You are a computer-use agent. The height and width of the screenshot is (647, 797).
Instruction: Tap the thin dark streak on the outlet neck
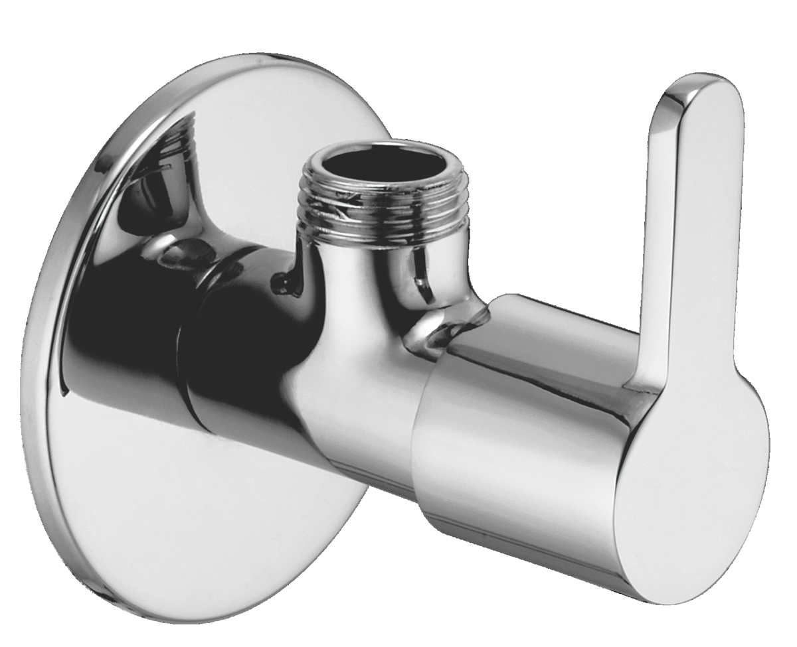[x=420, y=285]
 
